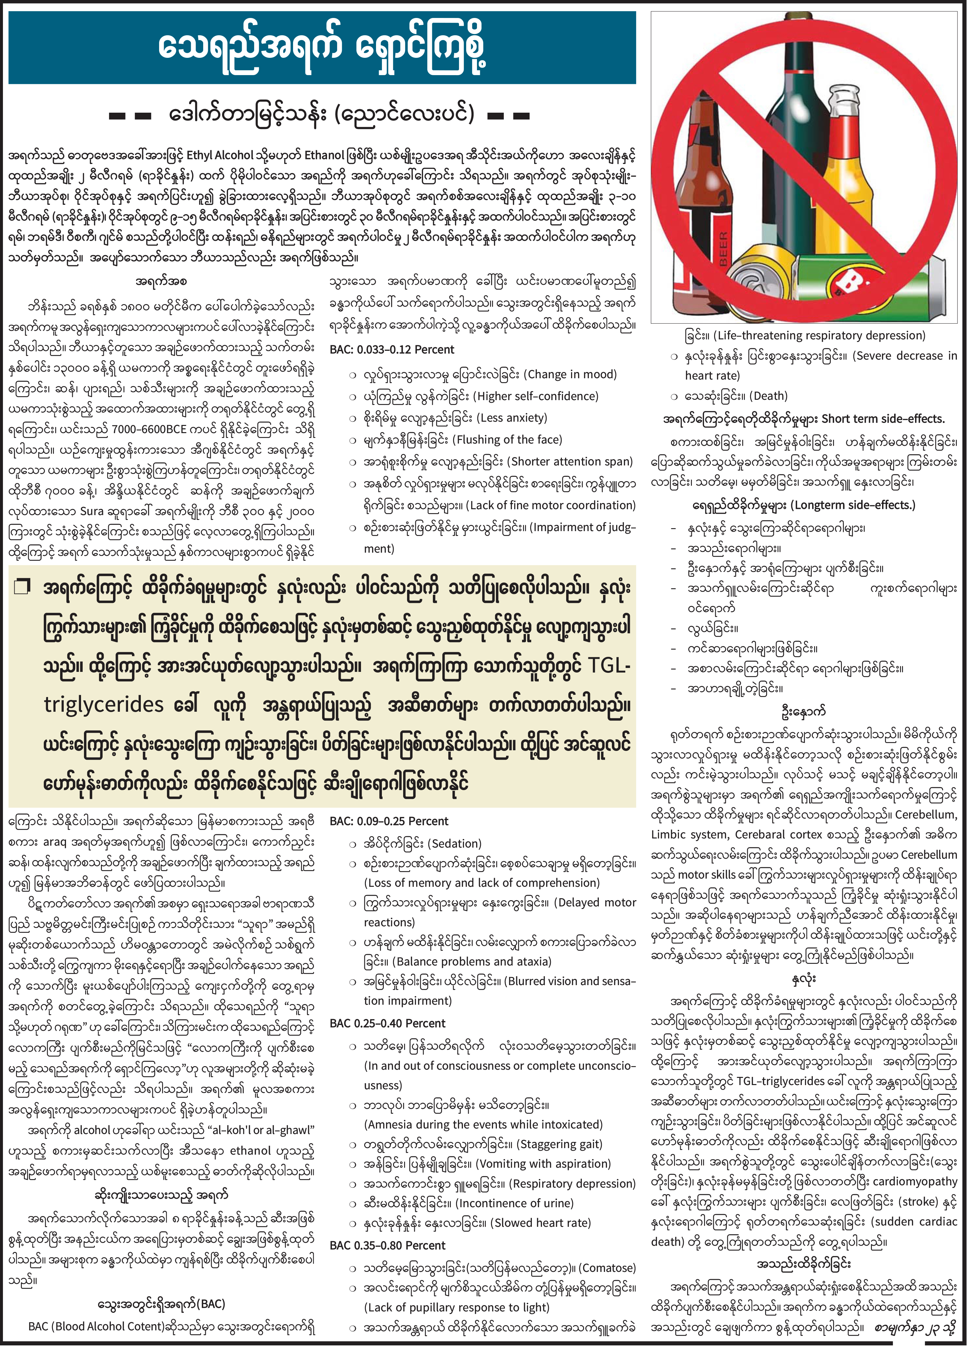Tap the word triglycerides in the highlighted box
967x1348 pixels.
tap(104, 705)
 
